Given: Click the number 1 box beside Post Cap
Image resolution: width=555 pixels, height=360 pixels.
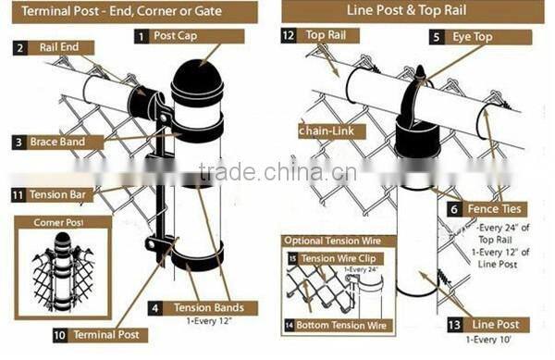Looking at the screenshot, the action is coord(142,36).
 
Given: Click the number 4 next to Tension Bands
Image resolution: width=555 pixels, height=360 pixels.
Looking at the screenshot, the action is coord(155,307).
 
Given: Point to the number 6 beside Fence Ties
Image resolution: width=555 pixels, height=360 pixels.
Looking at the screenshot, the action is coord(454,210).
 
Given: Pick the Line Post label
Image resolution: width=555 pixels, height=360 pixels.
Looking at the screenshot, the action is coord(496,325).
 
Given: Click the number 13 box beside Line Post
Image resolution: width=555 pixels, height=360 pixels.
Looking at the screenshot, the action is coord(453,325).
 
